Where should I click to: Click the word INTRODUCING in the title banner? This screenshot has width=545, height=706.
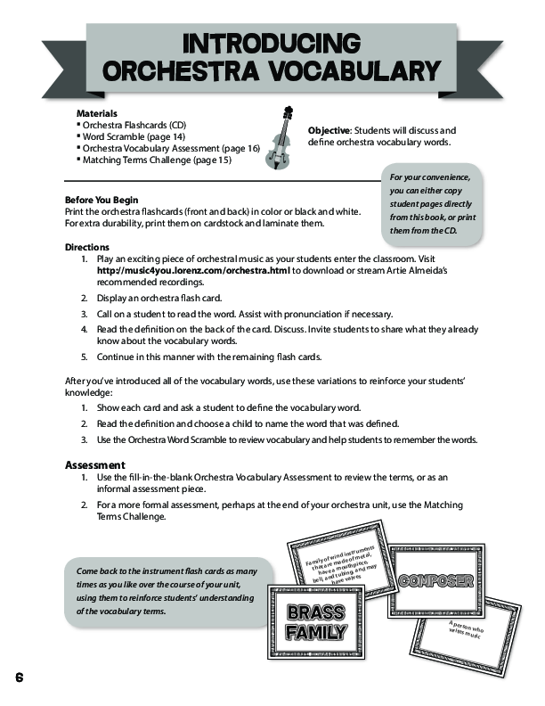point(272,43)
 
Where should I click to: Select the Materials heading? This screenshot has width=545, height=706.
point(97,115)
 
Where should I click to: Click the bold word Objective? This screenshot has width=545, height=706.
point(328,130)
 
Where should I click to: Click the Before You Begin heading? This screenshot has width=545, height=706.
point(102,199)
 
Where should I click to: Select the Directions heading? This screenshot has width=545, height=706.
point(87,247)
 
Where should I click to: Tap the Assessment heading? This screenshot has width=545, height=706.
point(95,465)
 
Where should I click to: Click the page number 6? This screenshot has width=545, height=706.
point(18,677)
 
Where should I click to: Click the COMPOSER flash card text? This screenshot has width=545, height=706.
point(435,580)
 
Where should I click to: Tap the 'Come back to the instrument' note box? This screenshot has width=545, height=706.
point(155,590)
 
